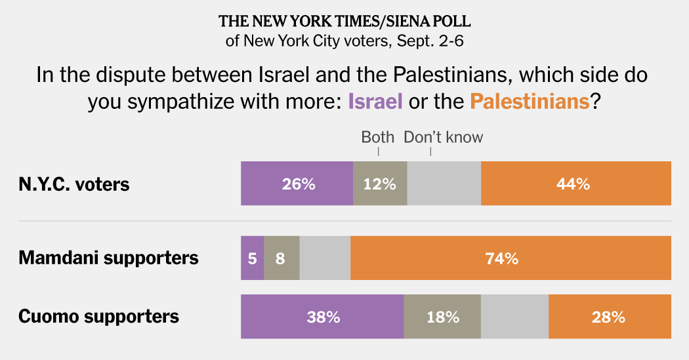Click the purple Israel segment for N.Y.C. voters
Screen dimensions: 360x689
tap(297, 184)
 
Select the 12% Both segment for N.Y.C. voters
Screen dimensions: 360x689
tap(380, 184)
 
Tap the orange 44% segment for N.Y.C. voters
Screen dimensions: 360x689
tap(575, 184)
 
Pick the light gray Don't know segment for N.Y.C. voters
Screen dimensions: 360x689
tap(444, 184)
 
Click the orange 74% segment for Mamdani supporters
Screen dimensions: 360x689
tap(511, 258)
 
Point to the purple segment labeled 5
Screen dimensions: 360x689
tap(252, 258)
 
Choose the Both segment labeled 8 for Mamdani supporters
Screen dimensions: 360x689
tap(282, 258)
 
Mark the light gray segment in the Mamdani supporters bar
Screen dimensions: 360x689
tap(325, 258)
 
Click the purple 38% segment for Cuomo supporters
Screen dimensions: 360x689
tap(322, 317)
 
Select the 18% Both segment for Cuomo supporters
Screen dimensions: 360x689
tap(442, 317)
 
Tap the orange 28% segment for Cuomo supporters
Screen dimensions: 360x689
tap(610, 317)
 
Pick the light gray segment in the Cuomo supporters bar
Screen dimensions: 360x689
tap(515, 317)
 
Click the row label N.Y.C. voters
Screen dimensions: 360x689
tap(74, 184)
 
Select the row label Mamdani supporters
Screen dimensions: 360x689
tap(108, 258)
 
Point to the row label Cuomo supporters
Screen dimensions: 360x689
tap(98, 316)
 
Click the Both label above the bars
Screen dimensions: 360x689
tap(378, 137)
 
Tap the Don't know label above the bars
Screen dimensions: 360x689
tap(443, 137)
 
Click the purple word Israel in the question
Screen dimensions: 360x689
tap(375, 102)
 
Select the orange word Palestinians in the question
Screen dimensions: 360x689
tap(529, 102)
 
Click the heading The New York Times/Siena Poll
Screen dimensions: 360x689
tap(344, 20)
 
